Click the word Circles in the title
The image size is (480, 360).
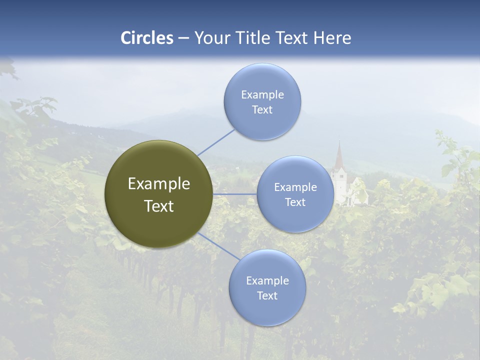click(x=147, y=38)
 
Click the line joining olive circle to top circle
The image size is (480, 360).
click(x=216, y=142)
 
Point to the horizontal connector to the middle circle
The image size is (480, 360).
click(x=235, y=194)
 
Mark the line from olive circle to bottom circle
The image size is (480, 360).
click(x=219, y=247)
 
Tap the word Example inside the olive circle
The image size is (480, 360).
click(x=159, y=184)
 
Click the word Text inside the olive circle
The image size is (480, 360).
click(x=159, y=206)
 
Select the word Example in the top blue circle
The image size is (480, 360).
click(x=262, y=95)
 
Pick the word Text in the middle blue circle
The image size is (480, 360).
click(x=295, y=202)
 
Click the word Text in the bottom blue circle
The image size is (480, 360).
click(x=267, y=296)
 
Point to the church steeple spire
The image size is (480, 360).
click(x=339, y=155)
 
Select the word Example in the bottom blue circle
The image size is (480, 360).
click(x=267, y=281)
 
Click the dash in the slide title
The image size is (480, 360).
click(x=183, y=38)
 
